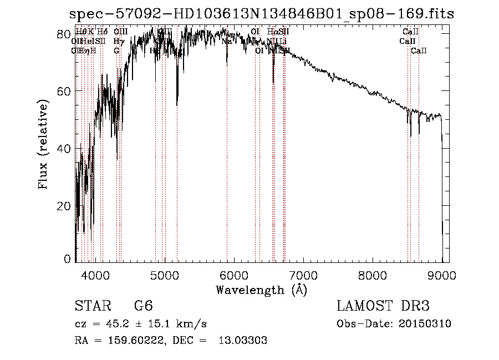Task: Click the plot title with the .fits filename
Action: (261, 14)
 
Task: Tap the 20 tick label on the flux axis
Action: (64, 206)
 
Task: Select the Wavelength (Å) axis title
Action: (261, 290)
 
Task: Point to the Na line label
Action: (226, 41)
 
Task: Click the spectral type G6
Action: (143, 306)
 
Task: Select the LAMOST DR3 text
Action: (383, 306)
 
